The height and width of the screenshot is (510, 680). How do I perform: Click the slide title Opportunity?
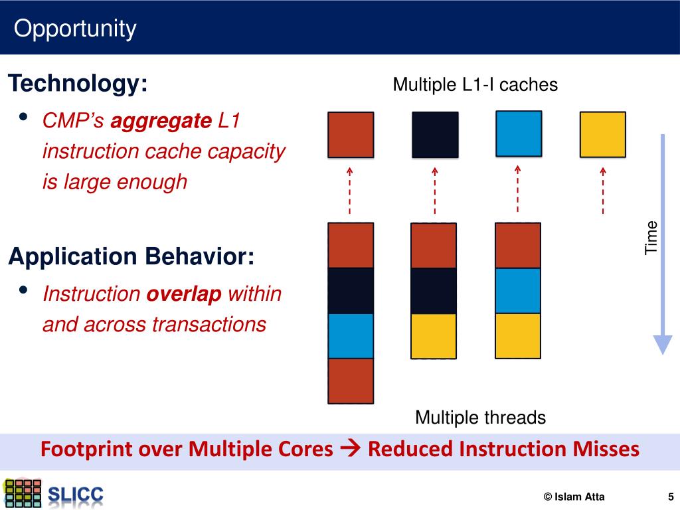[75, 29]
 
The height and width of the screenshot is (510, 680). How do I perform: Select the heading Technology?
[78, 84]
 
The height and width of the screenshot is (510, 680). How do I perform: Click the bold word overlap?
[184, 294]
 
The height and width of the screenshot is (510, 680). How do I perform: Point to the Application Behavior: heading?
[131, 256]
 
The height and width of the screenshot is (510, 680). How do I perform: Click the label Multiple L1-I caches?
[475, 85]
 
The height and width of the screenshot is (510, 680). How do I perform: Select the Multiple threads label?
[480, 418]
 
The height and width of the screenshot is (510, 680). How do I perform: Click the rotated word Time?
[651, 236]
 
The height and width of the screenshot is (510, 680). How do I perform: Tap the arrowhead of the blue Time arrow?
[663, 344]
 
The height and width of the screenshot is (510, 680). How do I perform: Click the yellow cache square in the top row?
[602, 135]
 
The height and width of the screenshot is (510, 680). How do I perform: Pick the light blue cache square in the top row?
[519, 134]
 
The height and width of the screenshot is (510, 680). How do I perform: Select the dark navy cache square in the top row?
[435, 135]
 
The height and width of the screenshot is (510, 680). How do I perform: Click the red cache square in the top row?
[351, 135]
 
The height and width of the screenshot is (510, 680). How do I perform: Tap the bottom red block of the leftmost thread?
[351, 381]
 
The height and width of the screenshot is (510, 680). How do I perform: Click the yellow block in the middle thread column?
[434, 335]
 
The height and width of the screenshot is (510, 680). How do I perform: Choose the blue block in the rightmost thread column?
[518, 290]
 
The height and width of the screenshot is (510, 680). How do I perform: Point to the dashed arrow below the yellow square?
[603, 190]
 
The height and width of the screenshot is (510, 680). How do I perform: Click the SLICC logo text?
[76, 495]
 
